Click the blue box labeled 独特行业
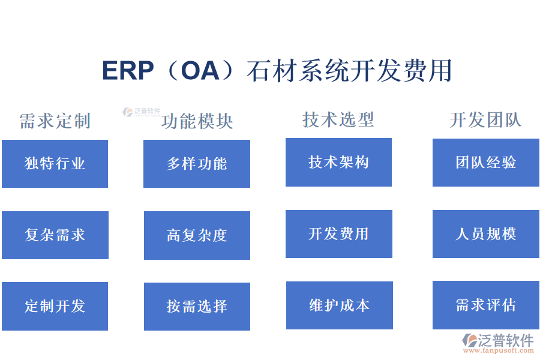(55, 163)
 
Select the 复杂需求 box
(55, 235)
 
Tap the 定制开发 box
(55, 306)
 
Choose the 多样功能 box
(197, 163)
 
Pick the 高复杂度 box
(197, 235)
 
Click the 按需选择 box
(197, 306)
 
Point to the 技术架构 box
(338, 162)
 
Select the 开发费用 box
(338, 233)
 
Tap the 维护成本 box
(339, 305)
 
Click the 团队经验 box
(485, 162)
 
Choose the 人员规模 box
(485, 233)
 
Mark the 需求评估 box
(485, 305)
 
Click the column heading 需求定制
(55, 121)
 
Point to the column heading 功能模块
(197, 121)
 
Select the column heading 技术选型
(338, 119)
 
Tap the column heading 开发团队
(485, 119)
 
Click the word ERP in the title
(128, 71)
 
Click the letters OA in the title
(200, 71)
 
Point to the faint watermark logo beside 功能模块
(142, 112)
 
